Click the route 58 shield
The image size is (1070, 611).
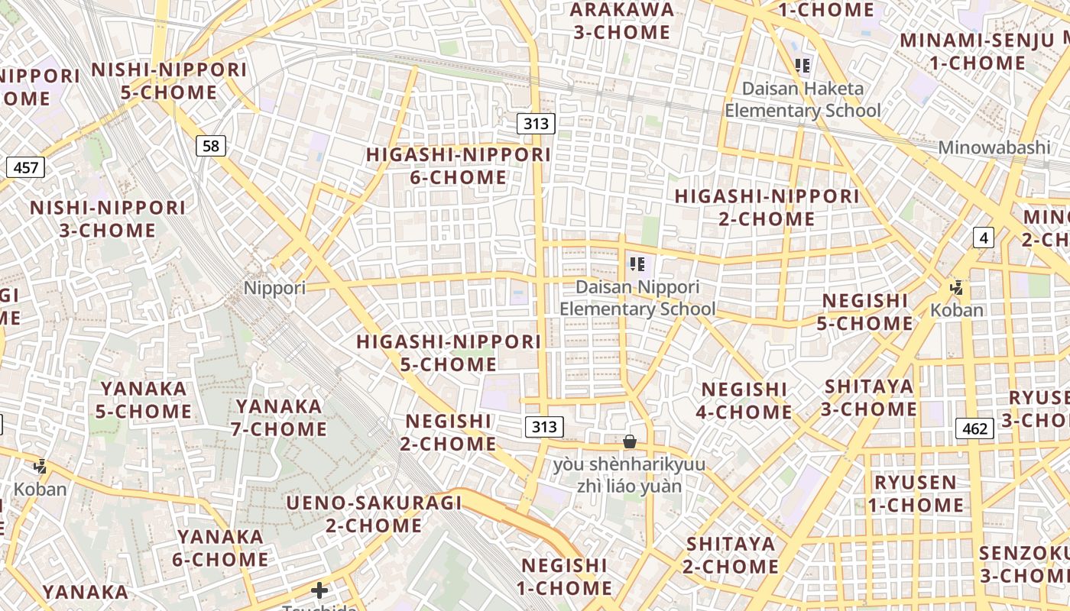click(211, 145)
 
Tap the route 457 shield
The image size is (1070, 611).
click(25, 167)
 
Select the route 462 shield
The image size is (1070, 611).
click(975, 428)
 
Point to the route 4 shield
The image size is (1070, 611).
click(984, 238)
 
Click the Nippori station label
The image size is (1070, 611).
click(274, 288)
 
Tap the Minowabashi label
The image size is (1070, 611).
click(994, 147)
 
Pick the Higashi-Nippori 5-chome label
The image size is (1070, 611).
click(449, 352)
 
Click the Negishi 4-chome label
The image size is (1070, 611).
click(744, 400)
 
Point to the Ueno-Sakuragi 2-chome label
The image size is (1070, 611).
click(374, 513)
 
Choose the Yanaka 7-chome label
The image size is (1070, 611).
click(279, 417)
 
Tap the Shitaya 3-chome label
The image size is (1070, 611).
click(869, 397)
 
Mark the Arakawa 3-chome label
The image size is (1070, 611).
click(621, 21)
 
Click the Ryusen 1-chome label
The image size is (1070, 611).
click(916, 493)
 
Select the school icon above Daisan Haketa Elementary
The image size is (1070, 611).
click(802, 66)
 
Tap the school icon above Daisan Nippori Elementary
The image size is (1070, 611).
click(637, 265)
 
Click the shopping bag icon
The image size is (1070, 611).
click(630, 441)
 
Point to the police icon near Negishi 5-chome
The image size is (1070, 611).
click(956, 288)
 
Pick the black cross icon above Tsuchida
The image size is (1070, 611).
click(319, 590)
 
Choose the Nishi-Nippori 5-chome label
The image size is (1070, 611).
click(169, 81)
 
